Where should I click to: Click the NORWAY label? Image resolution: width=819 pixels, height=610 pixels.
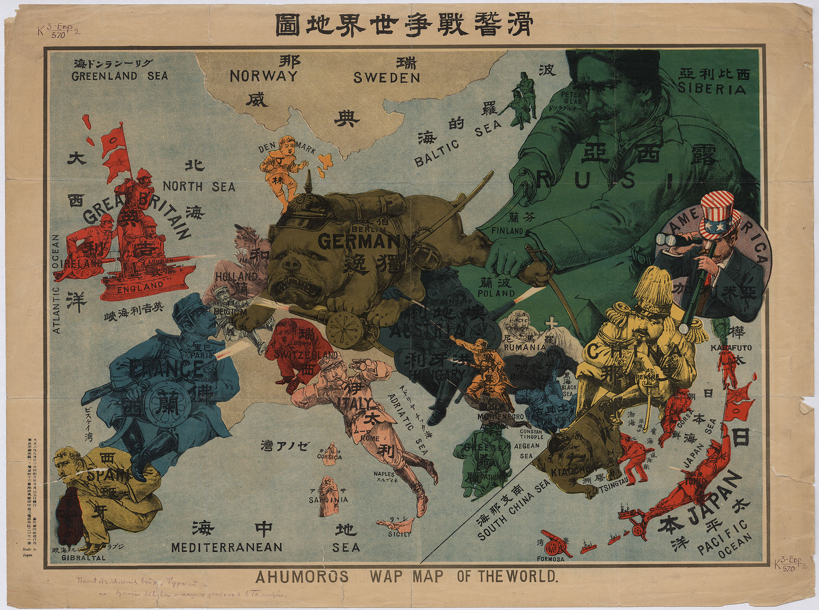point(263,76)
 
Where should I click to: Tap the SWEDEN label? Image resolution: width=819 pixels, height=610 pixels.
point(387,78)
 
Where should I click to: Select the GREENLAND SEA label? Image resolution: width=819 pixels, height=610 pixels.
point(120,76)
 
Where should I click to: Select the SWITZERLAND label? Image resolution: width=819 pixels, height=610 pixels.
point(303,355)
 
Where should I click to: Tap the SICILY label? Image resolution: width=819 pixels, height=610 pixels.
point(399,534)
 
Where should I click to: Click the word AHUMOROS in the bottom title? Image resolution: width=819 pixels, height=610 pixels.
point(302,577)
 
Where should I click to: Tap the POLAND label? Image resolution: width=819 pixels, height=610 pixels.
point(495,294)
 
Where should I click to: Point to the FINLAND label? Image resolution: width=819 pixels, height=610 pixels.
point(507,231)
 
